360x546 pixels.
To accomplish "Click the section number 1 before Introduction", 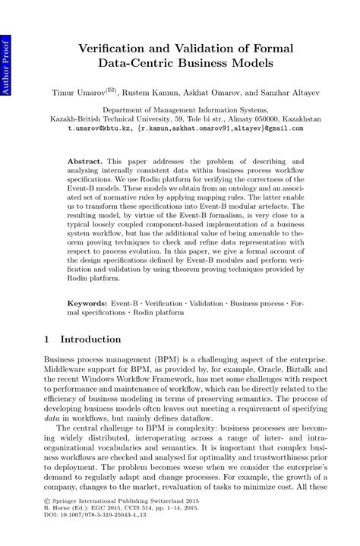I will click(x=47, y=339).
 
